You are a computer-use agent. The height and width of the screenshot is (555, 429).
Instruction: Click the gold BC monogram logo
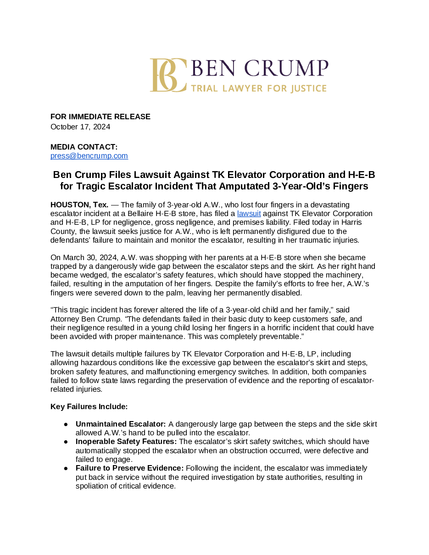click(x=168, y=75)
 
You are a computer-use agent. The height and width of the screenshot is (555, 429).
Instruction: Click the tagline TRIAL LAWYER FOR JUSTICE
click(x=259, y=88)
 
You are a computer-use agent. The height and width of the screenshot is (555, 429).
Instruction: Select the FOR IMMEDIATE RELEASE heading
click(x=100, y=117)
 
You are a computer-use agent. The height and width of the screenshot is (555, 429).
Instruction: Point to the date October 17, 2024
click(x=80, y=127)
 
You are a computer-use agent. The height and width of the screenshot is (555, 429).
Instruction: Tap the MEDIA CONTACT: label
click(x=84, y=147)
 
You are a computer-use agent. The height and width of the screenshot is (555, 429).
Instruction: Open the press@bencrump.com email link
click(x=89, y=156)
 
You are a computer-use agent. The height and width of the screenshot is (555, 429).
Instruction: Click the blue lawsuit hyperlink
click(x=249, y=214)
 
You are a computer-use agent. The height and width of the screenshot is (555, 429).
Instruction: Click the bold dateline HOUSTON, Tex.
click(x=79, y=205)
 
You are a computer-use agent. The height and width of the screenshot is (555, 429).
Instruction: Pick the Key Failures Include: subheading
click(x=89, y=406)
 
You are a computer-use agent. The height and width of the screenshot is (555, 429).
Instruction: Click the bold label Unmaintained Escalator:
click(x=121, y=424)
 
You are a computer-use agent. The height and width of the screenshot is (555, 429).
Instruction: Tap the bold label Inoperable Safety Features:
click(x=126, y=442)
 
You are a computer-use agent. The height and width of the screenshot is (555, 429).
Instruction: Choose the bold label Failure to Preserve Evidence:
click(x=129, y=468)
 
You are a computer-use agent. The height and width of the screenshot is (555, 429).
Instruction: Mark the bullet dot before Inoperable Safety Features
click(x=66, y=442)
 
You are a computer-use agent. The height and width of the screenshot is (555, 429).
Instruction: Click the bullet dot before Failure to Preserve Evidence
click(x=66, y=468)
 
